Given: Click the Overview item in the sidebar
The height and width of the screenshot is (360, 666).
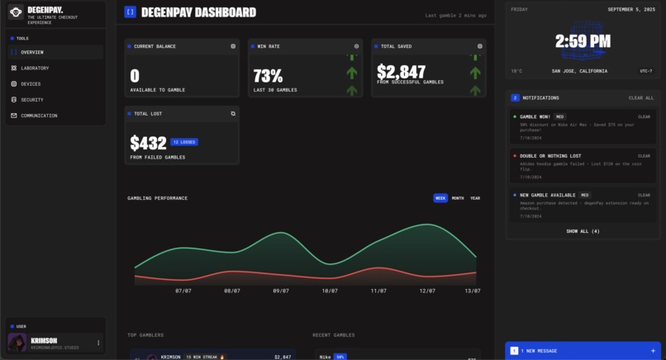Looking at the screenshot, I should pyautogui.click(x=32, y=53).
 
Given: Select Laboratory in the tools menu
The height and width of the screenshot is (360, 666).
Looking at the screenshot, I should pyautogui.click(x=35, y=69).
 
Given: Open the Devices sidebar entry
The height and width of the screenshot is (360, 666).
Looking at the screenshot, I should pyautogui.click(x=31, y=84).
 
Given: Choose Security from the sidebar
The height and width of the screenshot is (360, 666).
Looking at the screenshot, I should pyautogui.click(x=32, y=100).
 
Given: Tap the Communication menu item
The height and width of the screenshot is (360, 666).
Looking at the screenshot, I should pyautogui.click(x=39, y=116).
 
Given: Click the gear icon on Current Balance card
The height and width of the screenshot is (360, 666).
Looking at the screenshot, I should pyautogui.click(x=233, y=46).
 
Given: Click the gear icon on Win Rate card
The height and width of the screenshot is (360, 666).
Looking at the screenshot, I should pyautogui.click(x=356, y=46).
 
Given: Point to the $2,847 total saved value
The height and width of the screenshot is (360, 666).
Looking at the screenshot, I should pyautogui.click(x=401, y=72).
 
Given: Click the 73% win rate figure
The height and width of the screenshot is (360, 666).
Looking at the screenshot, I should pyautogui.click(x=268, y=76).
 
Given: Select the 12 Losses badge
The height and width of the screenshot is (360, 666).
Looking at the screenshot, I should pyautogui.click(x=184, y=142).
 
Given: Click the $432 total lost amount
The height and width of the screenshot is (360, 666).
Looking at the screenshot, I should pyautogui.click(x=148, y=144).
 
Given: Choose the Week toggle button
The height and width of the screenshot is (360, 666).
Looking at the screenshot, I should pyautogui.click(x=440, y=198).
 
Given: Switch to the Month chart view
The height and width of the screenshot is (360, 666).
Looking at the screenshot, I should pyautogui.click(x=458, y=198).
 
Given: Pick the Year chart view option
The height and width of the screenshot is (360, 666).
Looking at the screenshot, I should pyautogui.click(x=475, y=198).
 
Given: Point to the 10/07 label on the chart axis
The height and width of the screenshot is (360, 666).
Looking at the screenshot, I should pyautogui.click(x=330, y=291).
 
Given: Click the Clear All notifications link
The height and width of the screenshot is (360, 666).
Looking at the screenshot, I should pyautogui.click(x=640, y=98).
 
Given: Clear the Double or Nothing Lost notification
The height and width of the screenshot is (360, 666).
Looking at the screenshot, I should pyautogui.click(x=644, y=156).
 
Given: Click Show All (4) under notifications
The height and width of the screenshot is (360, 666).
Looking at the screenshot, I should pyautogui.click(x=583, y=231).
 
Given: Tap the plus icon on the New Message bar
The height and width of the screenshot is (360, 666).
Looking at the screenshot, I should pyautogui.click(x=653, y=351).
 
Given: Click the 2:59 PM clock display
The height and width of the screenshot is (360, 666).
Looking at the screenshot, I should pyautogui.click(x=583, y=41).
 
